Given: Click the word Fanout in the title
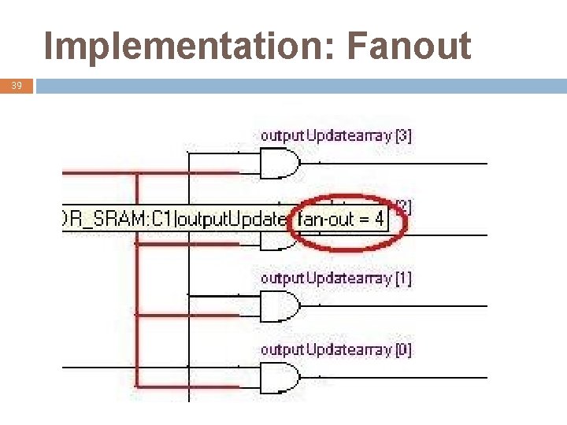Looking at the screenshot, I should (x=408, y=47).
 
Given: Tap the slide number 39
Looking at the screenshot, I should (x=17, y=86).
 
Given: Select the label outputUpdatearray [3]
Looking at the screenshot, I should (x=336, y=135).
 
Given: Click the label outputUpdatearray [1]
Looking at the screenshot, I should (x=336, y=278).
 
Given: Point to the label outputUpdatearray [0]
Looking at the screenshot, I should (x=336, y=349).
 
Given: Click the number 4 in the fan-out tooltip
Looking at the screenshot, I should (x=379, y=220).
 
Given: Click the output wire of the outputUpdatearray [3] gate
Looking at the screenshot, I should (x=394, y=164).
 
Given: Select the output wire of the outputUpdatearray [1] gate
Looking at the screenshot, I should (x=394, y=305).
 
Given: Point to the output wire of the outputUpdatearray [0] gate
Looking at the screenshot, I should (x=394, y=376).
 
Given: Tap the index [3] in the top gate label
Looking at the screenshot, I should (x=402, y=135).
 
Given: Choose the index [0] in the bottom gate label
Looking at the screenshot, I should (x=402, y=349).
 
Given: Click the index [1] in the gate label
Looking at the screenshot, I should (x=402, y=278).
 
